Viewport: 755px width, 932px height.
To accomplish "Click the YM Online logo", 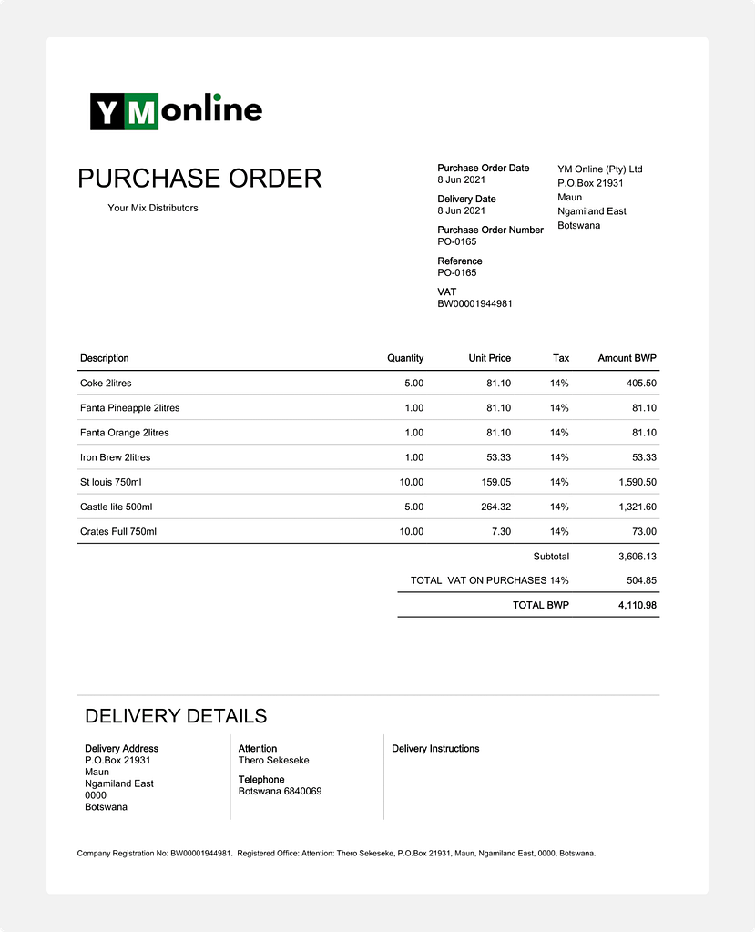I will pyautogui.click(x=176, y=111).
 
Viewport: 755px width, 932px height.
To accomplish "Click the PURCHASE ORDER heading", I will pyautogui.click(x=199, y=179).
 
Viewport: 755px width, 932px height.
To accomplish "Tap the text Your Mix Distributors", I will pyautogui.click(x=152, y=208).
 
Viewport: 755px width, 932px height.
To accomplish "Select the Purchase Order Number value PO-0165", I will pyautogui.click(x=456, y=242).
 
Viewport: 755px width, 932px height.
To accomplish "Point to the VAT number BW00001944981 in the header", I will pyautogui.click(x=474, y=304).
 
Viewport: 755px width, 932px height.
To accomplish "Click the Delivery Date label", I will pyautogui.click(x=466, y=200).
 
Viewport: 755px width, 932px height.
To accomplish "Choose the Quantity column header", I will pyautogui.click(x=405, y=358).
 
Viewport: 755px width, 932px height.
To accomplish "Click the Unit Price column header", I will pyautogui.click(x=489, y=358).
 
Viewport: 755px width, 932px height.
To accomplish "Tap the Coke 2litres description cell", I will pyautogui.click(x=106, y=384).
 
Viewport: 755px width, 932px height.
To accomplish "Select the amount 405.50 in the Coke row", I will pyautogui.click(x=641, y=384).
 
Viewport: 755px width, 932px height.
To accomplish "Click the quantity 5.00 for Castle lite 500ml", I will pyautogui.click(x=413, y=507).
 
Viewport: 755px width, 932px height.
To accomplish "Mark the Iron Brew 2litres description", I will pyautogui.click(x=116, y=457).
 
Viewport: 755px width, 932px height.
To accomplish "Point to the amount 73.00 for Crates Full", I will pyautogui.click(x=644, y=531).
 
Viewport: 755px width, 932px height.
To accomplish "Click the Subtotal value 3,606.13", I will pyautogui.click(x=637, y=557).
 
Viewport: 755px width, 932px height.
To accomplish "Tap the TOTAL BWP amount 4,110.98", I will pyautogui.click(x=637, y=605).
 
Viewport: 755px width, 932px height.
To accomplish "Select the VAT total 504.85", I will pyautogui.click(x=641, y=580).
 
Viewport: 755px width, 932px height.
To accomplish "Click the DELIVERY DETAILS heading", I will pyautogui.click(x=176, y=716).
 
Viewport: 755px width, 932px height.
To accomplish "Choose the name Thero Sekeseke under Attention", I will pyautogui.click(x=273, y=761).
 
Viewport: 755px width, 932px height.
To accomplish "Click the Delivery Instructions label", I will pyautogui.click(x=435, y=749).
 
